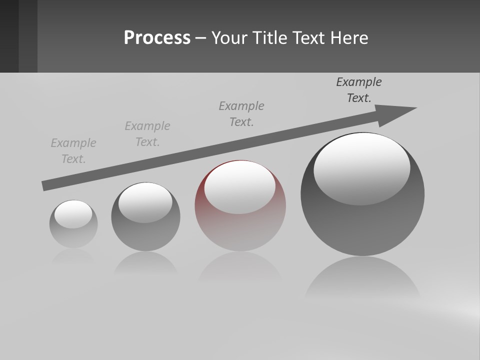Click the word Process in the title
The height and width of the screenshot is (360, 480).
point(157,38)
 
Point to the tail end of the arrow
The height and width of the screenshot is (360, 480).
point(44,186)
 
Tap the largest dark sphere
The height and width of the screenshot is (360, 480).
point(362,225)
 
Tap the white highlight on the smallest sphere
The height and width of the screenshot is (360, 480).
point(73,214)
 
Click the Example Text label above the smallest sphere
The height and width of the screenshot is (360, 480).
point(73,151)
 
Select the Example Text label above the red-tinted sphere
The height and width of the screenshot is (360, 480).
point(241,114)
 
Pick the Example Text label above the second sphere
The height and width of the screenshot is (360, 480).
point(147,134)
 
